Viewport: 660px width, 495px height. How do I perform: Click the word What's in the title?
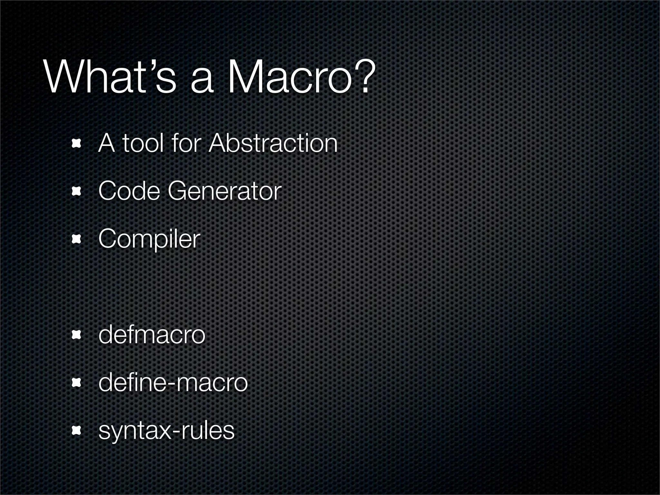110,78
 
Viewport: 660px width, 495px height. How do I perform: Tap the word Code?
129,191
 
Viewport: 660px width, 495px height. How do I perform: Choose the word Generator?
225,191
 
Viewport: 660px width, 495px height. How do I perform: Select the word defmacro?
151,335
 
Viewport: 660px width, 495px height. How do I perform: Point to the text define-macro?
173,383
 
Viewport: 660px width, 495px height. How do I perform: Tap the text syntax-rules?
166,431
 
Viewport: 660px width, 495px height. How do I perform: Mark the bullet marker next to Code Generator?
76,192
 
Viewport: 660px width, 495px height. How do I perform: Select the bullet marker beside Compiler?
76,239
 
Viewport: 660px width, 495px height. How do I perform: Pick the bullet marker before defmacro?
76,335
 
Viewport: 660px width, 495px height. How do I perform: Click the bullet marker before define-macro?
76,383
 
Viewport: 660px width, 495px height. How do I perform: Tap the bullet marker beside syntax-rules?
76,431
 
